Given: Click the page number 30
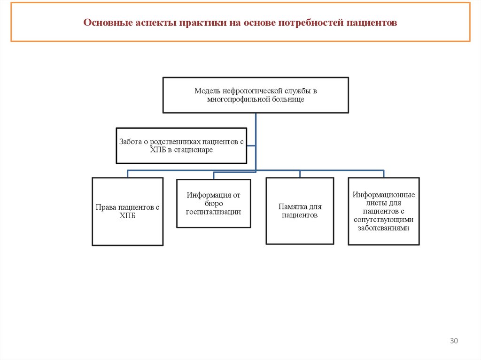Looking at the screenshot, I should click(454, 341).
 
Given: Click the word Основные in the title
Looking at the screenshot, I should click(104, 23).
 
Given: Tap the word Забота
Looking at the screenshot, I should click(130, 141).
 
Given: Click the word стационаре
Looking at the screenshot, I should click(194, 150).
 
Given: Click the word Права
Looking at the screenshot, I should click(106, 207).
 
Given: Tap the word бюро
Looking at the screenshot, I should click(213, 203).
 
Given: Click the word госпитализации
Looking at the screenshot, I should click(213, 212).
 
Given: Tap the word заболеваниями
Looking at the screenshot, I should click(383, 228).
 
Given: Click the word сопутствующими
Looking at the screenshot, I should click(383, 220).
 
